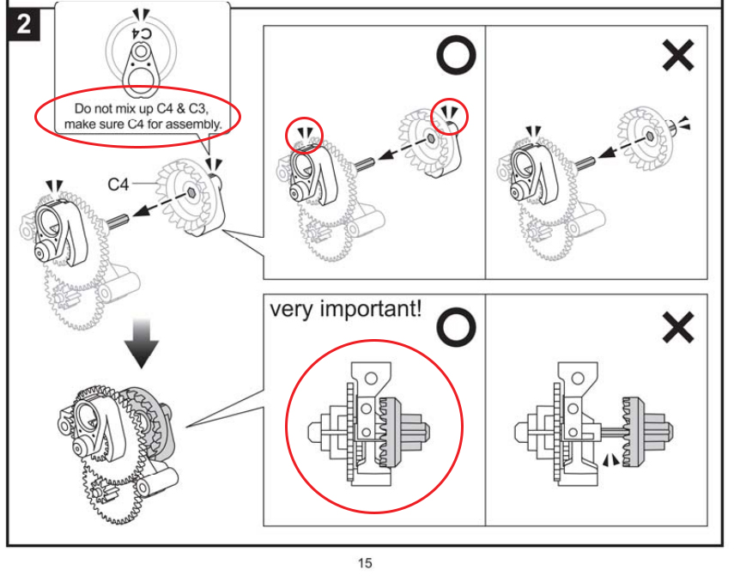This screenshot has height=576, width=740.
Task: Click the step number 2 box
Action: coord(23,23)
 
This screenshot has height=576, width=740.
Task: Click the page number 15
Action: coord(365,563)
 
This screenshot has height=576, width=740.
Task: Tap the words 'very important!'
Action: coord(347,309)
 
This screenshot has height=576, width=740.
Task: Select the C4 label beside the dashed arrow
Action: coord(119,184)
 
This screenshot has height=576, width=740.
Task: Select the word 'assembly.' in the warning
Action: coord(195,124)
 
